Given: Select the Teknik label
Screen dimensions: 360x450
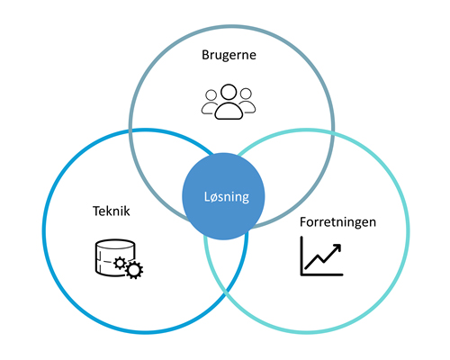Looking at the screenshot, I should [x=112, y=211].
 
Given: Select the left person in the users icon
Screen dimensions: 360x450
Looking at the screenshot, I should [x=210, y=102].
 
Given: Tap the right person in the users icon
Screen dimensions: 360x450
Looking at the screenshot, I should [x=245, y=102].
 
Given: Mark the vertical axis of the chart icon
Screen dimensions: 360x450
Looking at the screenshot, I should [x=301, y=256].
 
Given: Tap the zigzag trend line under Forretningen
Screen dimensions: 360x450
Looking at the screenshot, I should [x=320, y=259].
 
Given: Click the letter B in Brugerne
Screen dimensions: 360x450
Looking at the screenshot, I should [x=204, y=56].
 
